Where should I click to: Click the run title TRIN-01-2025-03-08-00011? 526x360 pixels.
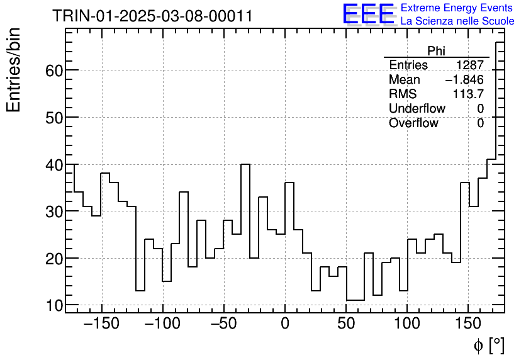coord(152,16)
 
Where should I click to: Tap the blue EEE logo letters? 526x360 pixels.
coord(369,14)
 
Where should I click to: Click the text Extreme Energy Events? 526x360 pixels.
coord(457,8)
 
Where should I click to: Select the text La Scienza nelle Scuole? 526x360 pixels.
coord(457,21)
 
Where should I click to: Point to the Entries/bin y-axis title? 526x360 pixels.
coord(14,70)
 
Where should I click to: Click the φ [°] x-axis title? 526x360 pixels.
coord(488,345)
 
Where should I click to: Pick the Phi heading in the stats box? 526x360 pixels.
coord(436,51)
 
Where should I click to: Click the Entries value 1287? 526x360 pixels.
coord(470,65)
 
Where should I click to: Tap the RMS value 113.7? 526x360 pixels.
coord(468,94)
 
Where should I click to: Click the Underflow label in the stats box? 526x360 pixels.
coord(417,109)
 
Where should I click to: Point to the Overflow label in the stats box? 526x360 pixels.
coord(413,123)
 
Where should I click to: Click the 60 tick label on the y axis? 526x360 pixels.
coord(54,70)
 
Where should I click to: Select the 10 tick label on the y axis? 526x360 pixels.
coord(54,305)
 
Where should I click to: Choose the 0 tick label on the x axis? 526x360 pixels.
coord(285,324)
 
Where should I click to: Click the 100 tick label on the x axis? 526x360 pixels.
coord(407,324)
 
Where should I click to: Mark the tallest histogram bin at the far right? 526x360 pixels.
coord(500,42)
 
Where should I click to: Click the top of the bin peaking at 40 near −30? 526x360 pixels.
coord(245,165)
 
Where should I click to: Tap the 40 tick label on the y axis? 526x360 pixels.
coord(54,165)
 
